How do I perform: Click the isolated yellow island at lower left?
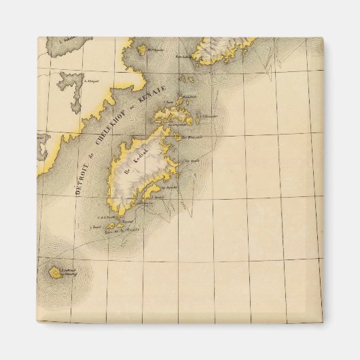pos(54,273)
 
